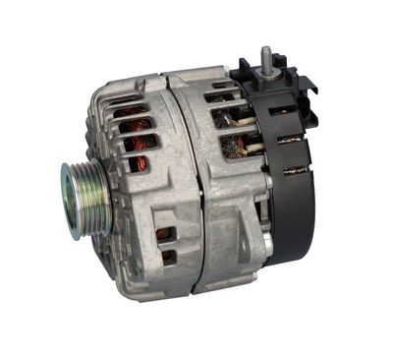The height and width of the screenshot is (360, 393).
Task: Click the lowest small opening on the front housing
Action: point(168,257)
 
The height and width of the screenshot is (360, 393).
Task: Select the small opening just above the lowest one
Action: point(165,235)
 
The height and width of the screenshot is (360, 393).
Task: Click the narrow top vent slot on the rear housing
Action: point(220,97)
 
